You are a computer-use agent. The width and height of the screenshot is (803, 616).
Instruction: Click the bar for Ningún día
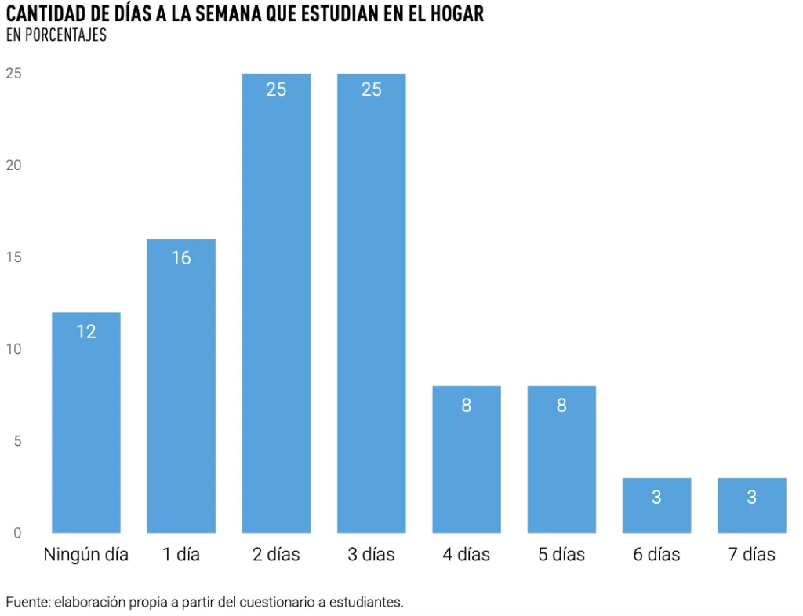[x=86, y=424]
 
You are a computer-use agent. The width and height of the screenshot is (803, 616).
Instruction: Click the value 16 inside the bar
[x=181, y=258]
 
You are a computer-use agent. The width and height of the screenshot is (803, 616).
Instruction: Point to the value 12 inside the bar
[x=86, y=332]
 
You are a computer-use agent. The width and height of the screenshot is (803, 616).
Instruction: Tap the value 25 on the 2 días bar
[x=276, y=89]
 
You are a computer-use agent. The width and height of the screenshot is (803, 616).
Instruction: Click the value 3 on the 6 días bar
[x=656, y=498]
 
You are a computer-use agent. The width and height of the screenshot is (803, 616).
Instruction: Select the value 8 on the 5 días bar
[x=561, y=406]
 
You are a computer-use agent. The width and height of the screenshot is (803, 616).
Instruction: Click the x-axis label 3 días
[x=372, y=555]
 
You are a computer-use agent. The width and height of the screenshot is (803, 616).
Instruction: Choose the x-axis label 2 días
[x=276, y=555]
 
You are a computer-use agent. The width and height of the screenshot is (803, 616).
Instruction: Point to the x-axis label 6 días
[x=656, y=555]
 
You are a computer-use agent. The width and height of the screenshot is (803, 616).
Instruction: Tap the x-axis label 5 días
[x=561, y=555]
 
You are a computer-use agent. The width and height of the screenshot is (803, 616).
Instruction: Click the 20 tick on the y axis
[x=13, y=166]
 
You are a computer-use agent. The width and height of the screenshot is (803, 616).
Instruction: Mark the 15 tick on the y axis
[x=13, y=257]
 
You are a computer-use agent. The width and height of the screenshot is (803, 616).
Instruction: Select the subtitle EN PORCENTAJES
[x=56, y=35]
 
